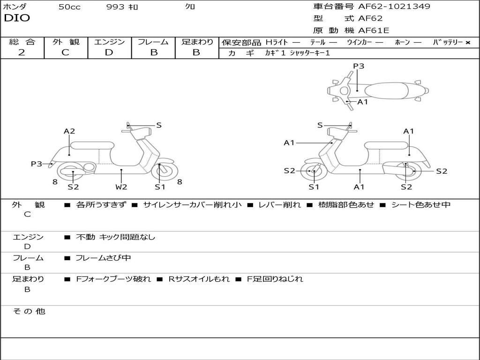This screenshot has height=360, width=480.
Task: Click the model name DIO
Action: [17, 18]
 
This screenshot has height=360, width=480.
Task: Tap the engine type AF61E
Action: [374, 31]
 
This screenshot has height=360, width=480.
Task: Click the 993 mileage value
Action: [115, 7]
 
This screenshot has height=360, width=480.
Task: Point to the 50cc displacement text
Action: [69, 7]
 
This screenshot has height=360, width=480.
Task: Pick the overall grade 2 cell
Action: [22, 52]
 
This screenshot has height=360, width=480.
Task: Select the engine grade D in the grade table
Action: [109, 52]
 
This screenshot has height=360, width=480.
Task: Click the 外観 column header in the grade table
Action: [66, 42]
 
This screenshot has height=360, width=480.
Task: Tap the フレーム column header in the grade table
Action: [153, 42]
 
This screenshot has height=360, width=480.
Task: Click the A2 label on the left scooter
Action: [69, 131]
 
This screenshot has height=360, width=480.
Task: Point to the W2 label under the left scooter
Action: [121, 187]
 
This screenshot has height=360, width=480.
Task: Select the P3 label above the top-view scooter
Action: [359, 66]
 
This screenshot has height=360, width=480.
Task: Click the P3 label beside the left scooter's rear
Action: [37, 164]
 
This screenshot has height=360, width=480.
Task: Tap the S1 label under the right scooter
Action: [314, 187]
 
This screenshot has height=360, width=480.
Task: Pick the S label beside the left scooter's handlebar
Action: [159, 125]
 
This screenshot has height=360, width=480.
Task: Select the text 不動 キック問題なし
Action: [115, 237]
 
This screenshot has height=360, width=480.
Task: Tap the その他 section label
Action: [29, 311]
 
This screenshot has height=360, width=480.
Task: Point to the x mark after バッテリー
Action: [468, 43]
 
